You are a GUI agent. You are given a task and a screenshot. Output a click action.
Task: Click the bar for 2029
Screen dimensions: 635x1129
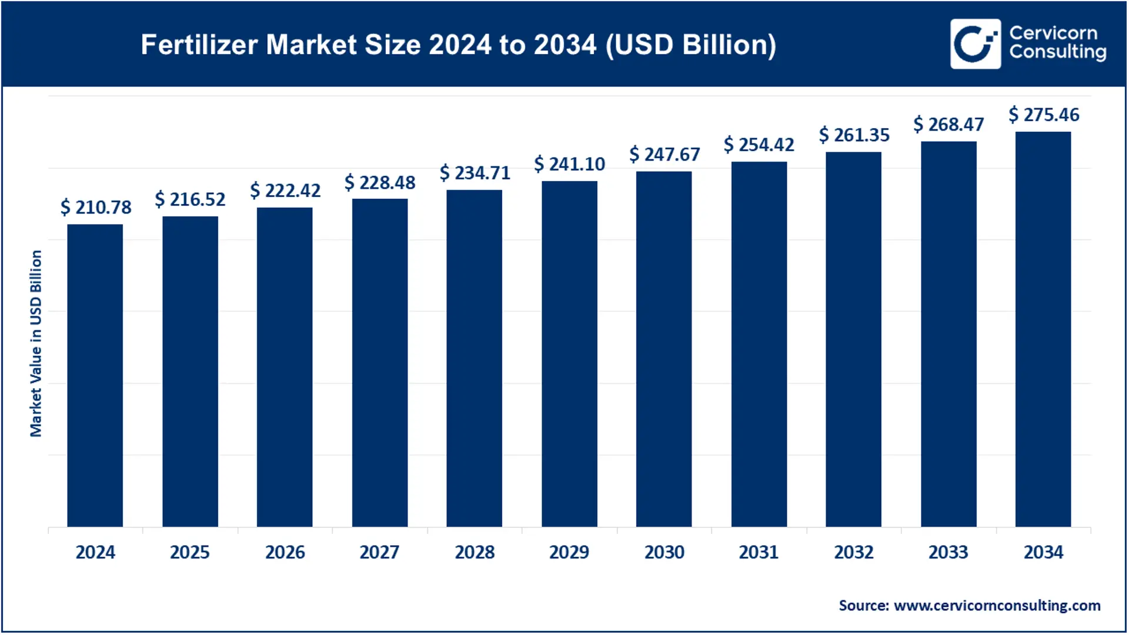[569, 353]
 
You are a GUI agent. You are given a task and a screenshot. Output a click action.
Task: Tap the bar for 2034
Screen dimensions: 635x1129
[1043, 329]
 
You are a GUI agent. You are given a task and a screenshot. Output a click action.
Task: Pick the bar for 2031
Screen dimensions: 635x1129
[759, 344]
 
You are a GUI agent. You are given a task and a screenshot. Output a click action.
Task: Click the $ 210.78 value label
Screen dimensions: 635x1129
[96, 207]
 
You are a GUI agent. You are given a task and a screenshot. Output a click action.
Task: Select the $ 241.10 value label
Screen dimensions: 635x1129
[569, 163]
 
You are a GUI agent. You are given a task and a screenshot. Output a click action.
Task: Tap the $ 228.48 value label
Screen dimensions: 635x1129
[380, 182]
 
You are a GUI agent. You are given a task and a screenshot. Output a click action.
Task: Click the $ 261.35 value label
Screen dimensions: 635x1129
[854, 135]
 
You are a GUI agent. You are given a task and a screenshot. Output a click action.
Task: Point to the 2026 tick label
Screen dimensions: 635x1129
[285, 552]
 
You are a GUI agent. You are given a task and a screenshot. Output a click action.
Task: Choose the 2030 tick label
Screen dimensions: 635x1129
[664, 552]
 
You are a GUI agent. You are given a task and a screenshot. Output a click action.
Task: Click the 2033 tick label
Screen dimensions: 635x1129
[948, 552]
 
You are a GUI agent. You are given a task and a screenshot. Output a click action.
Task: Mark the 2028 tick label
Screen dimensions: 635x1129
[475, 552]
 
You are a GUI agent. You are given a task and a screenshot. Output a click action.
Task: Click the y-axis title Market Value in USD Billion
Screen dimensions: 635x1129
[36, 343]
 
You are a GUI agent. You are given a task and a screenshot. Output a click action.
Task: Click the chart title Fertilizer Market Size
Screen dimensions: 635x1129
[458, 45]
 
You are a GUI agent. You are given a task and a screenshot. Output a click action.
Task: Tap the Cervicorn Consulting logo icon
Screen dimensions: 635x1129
[975, 44]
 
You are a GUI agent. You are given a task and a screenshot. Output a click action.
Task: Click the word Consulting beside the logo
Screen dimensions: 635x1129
[1057, 52]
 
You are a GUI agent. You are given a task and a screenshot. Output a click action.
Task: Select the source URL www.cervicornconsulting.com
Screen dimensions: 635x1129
[997, 605]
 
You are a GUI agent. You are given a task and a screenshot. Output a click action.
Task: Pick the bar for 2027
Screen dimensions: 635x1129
[379, 362]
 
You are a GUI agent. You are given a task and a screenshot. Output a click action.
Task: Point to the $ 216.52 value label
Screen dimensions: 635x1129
[190, 199]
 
